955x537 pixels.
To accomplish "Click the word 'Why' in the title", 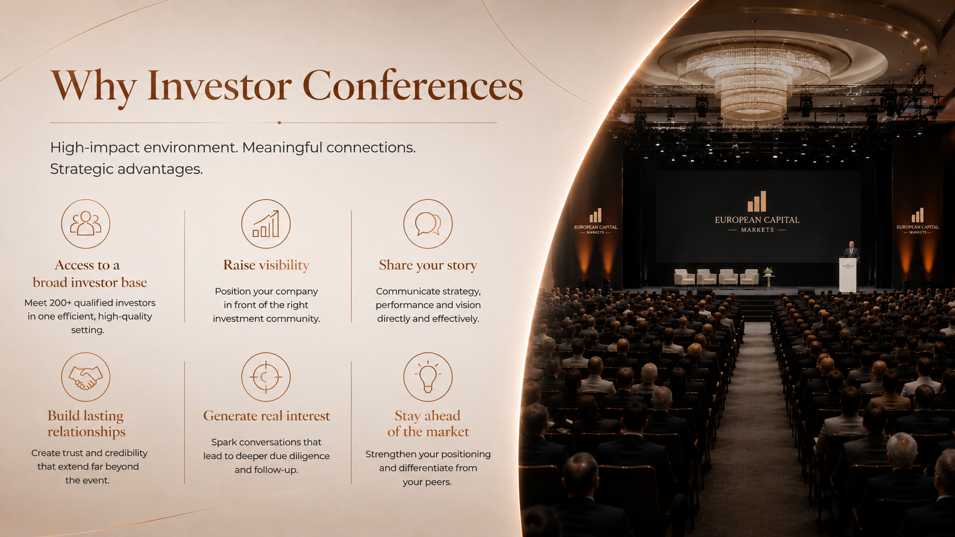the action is (94, 87).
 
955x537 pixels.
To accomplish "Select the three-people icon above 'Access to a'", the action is (86, 224).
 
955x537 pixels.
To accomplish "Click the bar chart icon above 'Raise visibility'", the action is (266, 224).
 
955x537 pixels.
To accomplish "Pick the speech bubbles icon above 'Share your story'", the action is (428, 224).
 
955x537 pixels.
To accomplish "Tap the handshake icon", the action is (86, 377).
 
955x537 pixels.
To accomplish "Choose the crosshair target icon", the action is (266, 377).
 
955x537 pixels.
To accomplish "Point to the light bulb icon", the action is (428, 377).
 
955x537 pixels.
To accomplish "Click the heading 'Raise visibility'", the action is (267, 265).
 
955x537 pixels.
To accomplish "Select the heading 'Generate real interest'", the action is (267, 415).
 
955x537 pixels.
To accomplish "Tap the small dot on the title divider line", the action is (279, 123).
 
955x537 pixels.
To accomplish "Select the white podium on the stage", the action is (848, 274).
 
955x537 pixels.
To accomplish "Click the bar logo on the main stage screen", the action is (757, 201).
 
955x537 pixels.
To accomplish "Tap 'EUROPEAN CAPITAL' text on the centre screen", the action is (757, 220).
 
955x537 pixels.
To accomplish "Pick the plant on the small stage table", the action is (768, 271).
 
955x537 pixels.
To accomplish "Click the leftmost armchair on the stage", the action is (684, 278).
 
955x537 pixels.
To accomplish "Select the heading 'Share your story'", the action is (428, 265).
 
